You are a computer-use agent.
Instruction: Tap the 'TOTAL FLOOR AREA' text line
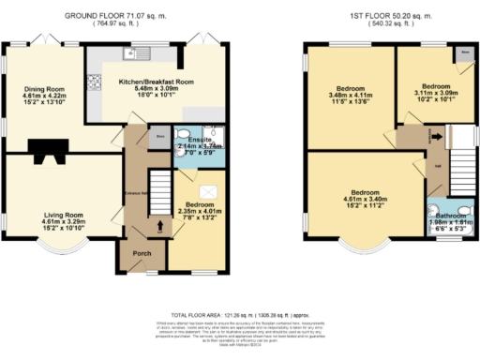pos(239,315)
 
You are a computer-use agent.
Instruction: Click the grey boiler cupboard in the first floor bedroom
pos(464,54)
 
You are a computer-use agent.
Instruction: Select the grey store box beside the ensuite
pos(159,136)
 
